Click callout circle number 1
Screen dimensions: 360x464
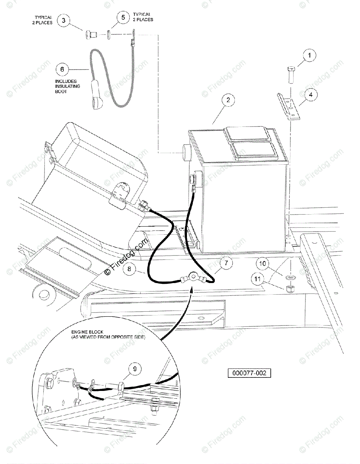tap(309, 56)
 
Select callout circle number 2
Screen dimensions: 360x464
tap(228, 101)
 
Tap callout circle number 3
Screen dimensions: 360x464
tap(64, 21)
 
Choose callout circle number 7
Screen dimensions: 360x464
tap(226, 264)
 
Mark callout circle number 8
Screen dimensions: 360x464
tap(130, 270)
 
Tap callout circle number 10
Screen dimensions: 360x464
tap(263, 264)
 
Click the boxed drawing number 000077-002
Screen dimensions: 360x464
tap(249, 374)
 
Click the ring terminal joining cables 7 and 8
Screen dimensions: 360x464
tap(191, 277)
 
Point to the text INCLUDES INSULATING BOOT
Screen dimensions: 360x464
tap(68, 87)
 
